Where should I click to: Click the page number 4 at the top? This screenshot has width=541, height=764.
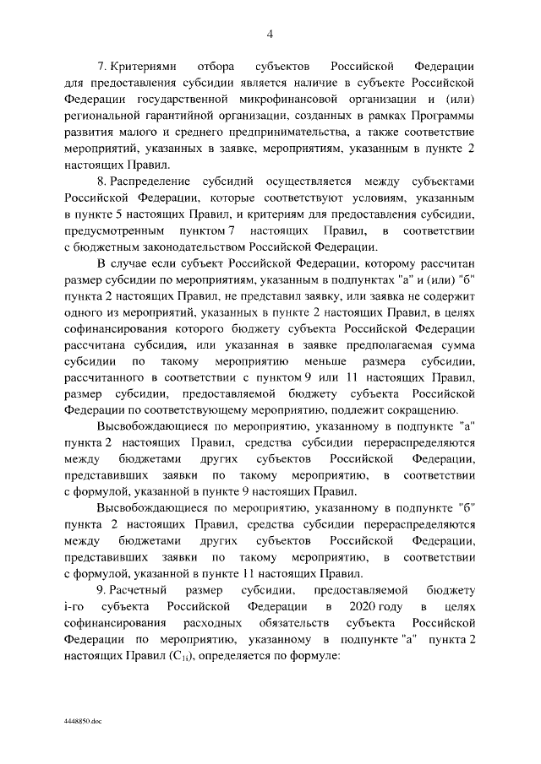coord(270,34)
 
